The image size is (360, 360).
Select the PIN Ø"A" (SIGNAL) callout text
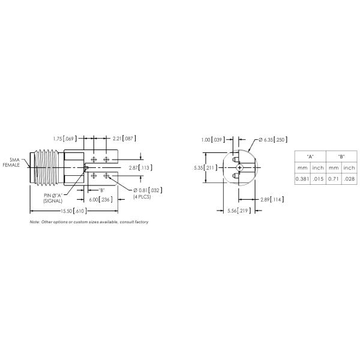[53, 199]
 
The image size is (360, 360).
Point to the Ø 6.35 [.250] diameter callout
[272, 140]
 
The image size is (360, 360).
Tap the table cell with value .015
[317, 179]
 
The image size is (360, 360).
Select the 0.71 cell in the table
[334, 179]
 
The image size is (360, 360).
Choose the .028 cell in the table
[349, 179]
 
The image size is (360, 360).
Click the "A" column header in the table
[310, 156]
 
